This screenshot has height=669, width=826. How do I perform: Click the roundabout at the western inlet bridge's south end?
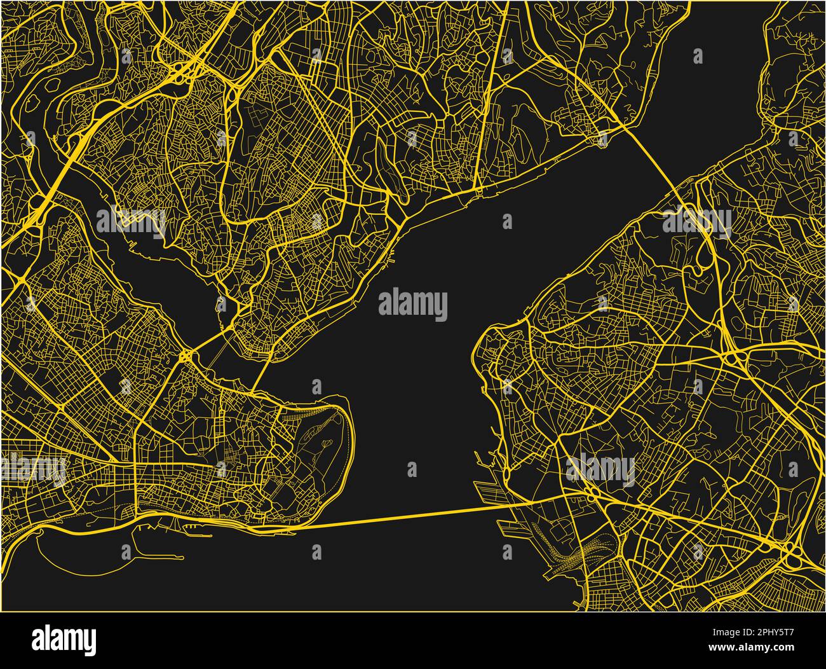pos(186,355)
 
